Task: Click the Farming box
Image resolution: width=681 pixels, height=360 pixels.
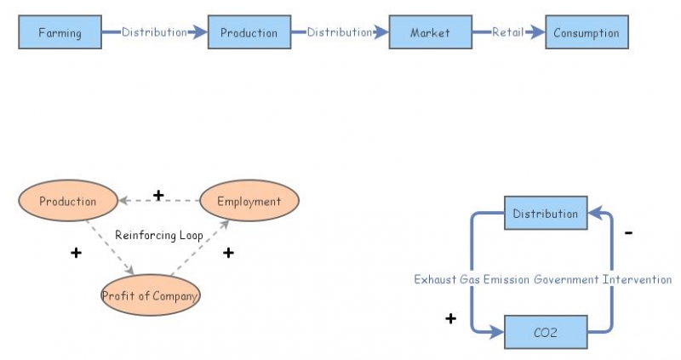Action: pyautogui.click(x=60, y=33)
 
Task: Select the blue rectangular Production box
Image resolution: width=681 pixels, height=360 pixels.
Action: pyautogui.click(x=249, y=33)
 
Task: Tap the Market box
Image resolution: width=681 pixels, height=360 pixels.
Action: pyautogui.click(x=430, y=33)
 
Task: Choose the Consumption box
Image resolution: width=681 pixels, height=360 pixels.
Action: pyautogui.click(x=587, y=33)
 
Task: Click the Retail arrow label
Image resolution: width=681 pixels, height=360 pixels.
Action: pyautogui.click(x=507, y=32)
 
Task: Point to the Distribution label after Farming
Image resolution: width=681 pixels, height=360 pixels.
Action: pyautogui.click(x=154, y=32)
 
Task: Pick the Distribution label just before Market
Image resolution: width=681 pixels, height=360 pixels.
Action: pyautogui.click(x=340, y=32)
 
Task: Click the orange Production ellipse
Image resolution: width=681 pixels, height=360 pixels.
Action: pyautogui.click(x=67, y=202)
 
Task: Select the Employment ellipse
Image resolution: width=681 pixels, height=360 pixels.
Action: pyautogui.click(x=249, y=202)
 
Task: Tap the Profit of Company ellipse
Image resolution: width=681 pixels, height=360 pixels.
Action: pyautogui.click(x=150, y=296)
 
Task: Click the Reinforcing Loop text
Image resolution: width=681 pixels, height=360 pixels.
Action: pyautogui.click(x=159, y=234)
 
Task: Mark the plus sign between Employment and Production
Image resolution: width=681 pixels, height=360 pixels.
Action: pyautogui.click(x=157, y=196)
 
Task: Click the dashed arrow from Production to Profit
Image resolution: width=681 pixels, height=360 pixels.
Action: pyautogui.click(x=110, y=248)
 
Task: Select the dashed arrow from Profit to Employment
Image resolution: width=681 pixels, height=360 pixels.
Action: pyautogui.click(x=201, y=248)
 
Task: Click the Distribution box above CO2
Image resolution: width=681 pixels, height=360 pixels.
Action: pyautogui.click(x=545, y=214)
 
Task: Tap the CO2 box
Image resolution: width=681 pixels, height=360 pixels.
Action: pyautogui.click(x=545, y=332)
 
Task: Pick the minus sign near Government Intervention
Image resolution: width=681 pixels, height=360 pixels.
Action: pyautogui.click(x=628, y=232)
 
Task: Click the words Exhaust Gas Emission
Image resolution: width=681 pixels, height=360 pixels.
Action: pyautogui.click(x=472, y=279)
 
